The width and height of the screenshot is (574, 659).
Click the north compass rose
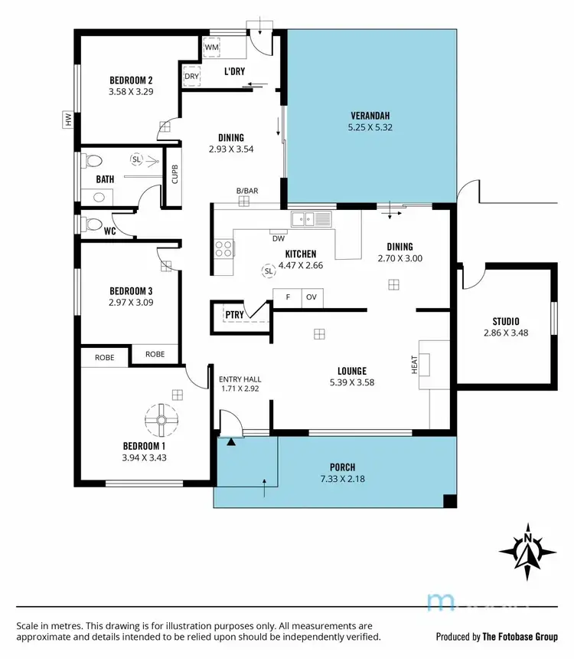(x=527, y=550)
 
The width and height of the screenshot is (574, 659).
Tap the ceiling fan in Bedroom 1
(x=161, y=418)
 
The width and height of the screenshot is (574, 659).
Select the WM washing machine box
(x=212, y=48)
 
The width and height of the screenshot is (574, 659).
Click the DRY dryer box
(x=191, y=77)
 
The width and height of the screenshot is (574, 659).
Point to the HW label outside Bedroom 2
(x=68, y=120)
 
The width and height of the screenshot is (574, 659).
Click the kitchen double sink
(x=311, y=220)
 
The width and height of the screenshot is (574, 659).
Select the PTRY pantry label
(x=233, y=314)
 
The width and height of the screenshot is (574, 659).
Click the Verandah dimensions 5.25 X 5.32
(x=370, y=128)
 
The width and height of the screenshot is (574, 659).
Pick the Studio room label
(x=506, y=321)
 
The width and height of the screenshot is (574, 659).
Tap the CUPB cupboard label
(x=174, y=175)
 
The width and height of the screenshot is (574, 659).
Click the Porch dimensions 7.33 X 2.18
(x=342, y=477)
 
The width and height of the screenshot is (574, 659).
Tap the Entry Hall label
(x=240, y=379)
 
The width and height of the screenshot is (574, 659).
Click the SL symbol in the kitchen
(x=268, y=270)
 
